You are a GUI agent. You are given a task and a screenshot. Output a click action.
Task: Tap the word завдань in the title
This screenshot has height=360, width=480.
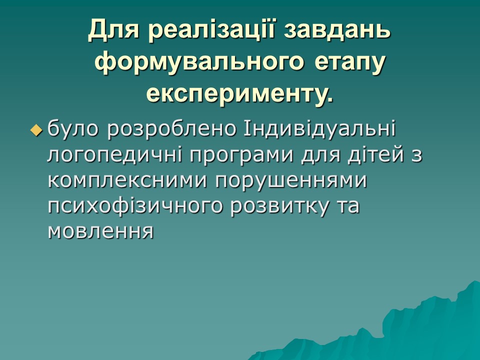pyautogui.click(x=337, y=31)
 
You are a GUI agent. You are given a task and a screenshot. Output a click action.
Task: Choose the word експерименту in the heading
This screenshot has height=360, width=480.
pyautogui.click(x=234, y=93)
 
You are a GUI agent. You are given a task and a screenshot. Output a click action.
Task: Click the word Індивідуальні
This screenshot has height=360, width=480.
pyautogui.click(x=319, y=129)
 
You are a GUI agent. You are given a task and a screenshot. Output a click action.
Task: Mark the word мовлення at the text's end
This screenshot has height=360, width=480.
pyautogui.click(x=99, y=231)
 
